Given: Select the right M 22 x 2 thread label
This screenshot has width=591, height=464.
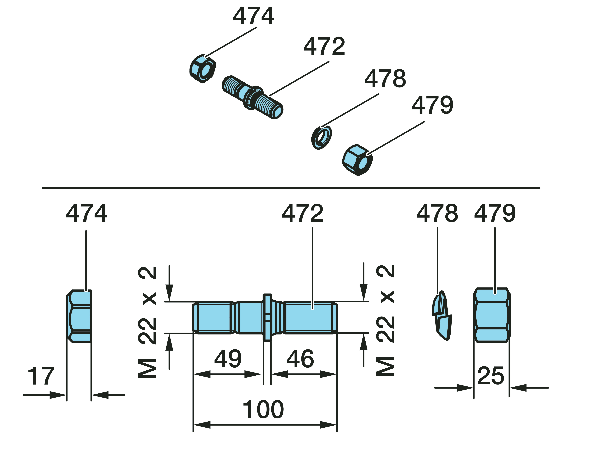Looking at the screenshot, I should tap(385, 321).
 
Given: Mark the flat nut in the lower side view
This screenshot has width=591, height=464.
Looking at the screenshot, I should tap(79, 316).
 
